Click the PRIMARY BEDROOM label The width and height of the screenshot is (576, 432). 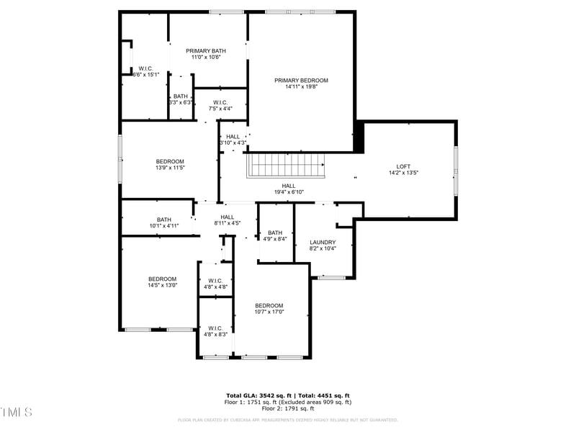(301, 80)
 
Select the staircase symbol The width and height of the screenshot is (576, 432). (287, 166)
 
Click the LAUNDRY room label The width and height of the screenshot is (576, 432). (323, 242)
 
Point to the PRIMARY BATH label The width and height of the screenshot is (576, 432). (206, 50)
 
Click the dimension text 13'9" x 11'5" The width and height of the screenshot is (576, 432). (170, 168)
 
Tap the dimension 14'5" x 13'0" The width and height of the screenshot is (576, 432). (162, 285)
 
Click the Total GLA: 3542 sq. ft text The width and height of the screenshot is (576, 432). (258, 396)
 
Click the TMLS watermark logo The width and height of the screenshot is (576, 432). (16, 412)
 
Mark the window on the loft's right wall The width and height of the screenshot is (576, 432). (455, 171)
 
